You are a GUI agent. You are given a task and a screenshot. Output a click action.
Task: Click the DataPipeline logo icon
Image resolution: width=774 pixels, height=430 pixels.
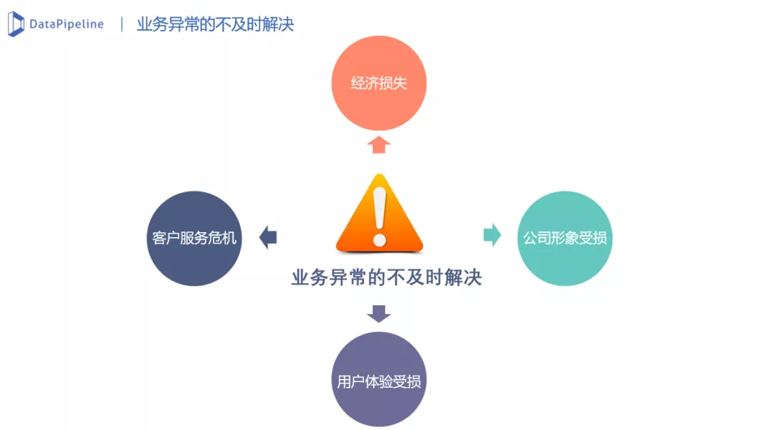16,24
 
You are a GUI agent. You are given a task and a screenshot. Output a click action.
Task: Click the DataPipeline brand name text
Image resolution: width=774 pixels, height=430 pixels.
66,24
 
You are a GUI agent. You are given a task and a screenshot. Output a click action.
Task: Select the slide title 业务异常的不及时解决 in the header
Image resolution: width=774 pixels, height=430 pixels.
215,24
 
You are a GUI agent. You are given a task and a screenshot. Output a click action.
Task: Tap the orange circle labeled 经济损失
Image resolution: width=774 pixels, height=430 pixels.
378,83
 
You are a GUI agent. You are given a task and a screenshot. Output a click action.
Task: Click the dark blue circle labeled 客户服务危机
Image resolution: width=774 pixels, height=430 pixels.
194,238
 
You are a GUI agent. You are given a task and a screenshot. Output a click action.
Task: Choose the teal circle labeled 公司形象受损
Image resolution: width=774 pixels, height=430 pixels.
565,238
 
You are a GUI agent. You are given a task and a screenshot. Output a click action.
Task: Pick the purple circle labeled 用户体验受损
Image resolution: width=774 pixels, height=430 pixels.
379,380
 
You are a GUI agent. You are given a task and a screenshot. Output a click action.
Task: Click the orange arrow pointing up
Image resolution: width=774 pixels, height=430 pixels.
378,145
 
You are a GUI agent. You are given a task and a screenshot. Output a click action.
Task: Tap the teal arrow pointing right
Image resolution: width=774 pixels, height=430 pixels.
492,235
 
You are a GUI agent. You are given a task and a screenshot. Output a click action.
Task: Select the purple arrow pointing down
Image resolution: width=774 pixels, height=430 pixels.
378,313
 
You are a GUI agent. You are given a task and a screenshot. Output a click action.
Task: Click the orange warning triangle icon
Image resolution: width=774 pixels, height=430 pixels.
379,215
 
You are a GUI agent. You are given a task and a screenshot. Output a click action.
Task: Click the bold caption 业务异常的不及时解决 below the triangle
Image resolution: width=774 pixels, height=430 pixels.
386,277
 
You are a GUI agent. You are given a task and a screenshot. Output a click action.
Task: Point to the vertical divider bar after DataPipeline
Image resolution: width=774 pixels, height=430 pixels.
122,24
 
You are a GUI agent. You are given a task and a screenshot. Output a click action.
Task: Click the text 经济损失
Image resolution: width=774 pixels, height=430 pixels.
378,83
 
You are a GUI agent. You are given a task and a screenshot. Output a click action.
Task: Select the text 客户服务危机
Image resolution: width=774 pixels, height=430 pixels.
194,238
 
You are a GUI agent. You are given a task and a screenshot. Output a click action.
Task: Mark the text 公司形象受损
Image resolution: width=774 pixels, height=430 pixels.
565,238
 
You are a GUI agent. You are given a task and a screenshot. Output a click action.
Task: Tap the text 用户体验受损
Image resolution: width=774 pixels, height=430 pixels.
379,381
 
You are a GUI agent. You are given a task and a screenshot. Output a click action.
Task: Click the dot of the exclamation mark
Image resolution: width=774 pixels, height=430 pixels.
379,239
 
